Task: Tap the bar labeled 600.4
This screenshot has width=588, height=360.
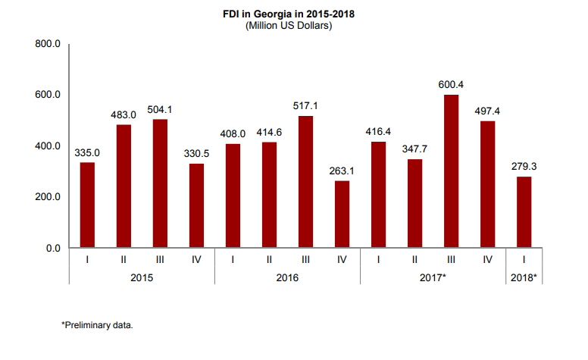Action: pos(450,171)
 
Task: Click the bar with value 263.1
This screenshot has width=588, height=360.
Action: pos(342,214)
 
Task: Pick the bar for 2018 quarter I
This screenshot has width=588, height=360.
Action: pos(524,211)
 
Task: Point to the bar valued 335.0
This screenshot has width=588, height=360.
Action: pos(87,205)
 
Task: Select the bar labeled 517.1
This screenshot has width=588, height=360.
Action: pos(305,181)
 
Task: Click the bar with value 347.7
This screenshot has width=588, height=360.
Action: pos(414,203)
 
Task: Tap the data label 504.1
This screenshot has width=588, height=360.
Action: pos(160,108)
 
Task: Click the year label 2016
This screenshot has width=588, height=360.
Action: pos(286,278)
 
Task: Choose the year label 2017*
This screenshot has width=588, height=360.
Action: pos(433,278)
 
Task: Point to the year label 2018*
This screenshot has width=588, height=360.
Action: pos(524,278)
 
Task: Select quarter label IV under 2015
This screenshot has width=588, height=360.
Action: pos(196,260)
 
